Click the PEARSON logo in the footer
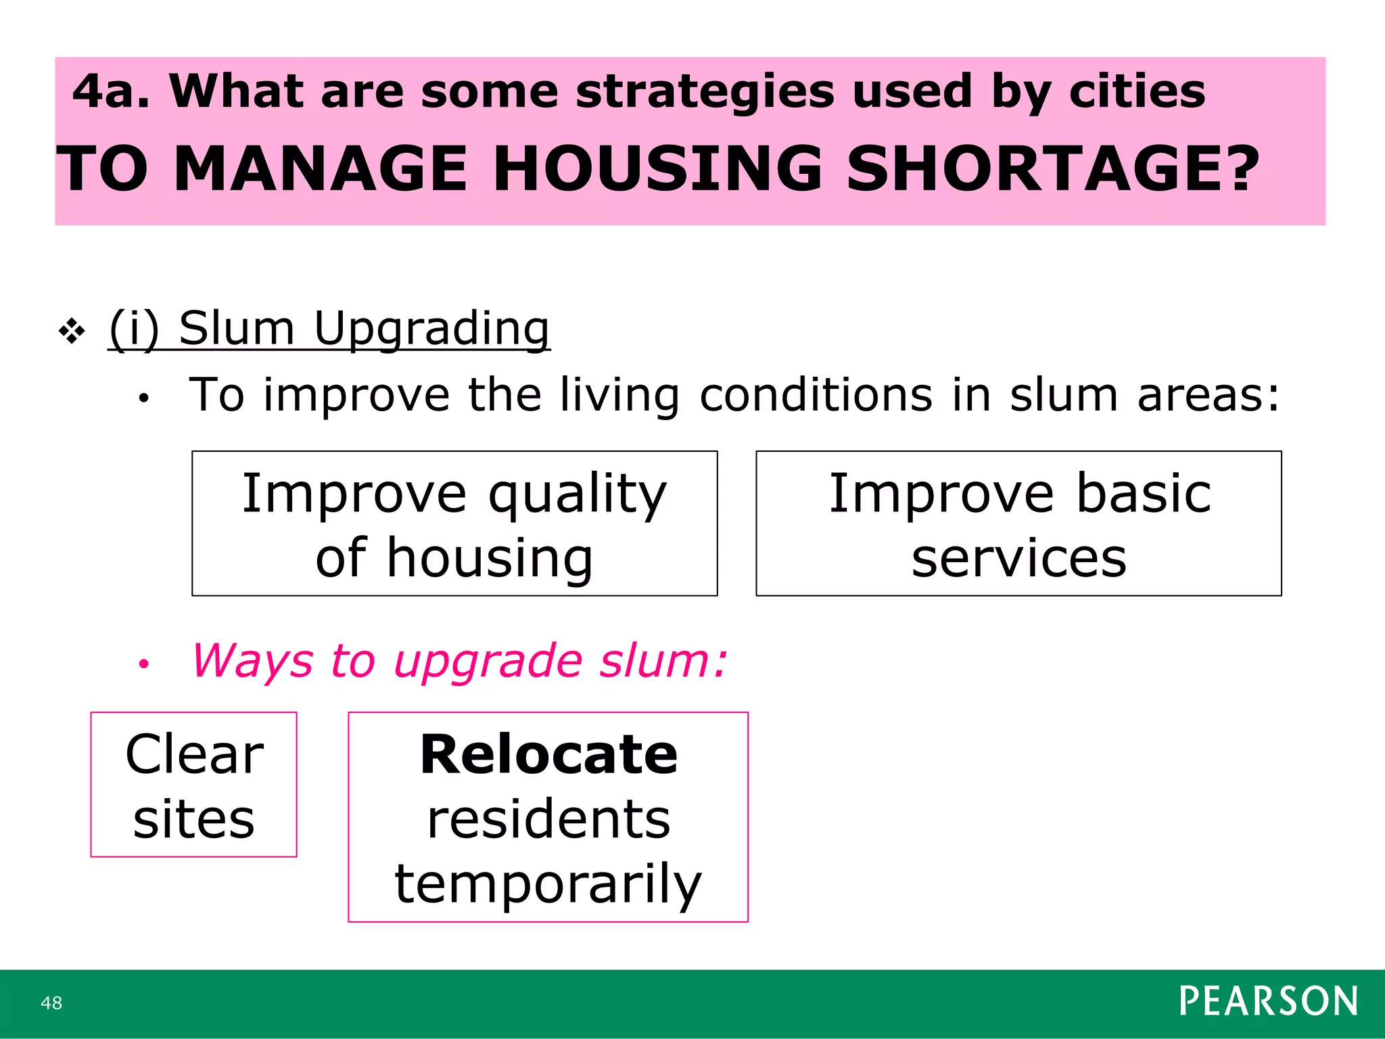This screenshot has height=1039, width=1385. (1268, 1001)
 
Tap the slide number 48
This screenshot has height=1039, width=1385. (51, 1003)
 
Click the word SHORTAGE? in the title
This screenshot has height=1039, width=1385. (1052, 169)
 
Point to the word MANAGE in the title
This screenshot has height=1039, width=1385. (321, 169)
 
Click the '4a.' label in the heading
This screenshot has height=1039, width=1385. (111, 91)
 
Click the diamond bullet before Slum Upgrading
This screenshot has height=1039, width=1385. (72, 331)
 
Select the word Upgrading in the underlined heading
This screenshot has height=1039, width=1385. (432, 329)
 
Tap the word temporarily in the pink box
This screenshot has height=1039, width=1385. (548, 884)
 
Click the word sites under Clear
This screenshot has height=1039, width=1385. (194, 819)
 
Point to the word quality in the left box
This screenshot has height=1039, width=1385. (578, 494)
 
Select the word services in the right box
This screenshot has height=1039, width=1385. (1018, 558)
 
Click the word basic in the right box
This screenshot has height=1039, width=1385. (1143, 493)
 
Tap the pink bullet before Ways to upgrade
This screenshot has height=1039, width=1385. (143, 664)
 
